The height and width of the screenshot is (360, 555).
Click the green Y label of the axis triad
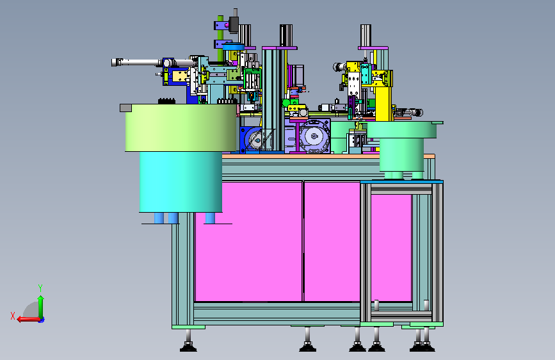pos(40,288)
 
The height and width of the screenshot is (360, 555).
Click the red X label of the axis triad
pos(13,316)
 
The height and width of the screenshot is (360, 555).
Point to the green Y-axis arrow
pos(41,307)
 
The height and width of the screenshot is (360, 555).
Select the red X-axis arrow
pos(29,320)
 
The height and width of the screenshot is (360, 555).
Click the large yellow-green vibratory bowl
pos(181,128)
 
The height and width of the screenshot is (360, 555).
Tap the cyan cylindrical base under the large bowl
pos(181,182)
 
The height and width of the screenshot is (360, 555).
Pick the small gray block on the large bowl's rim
pos(125,108)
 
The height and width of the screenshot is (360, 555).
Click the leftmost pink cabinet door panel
pos(248,241)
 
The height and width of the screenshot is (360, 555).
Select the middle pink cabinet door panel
pos(332,241)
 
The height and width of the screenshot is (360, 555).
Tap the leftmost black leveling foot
pos(188,346)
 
